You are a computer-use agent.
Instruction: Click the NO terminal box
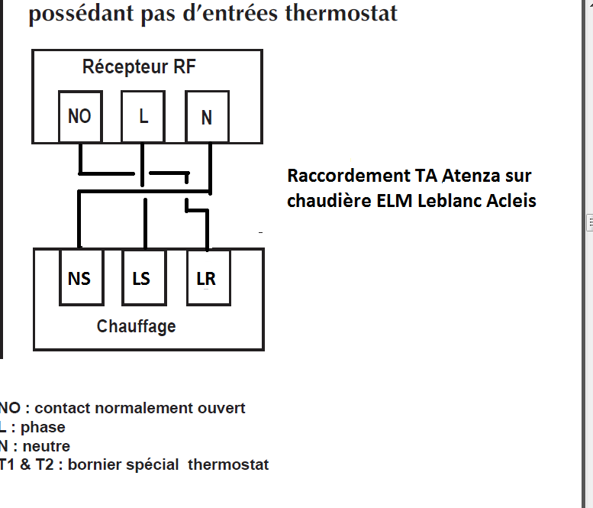[79, 116]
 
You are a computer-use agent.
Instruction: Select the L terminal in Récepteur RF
[143, 116]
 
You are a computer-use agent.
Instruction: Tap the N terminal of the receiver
[207, 117]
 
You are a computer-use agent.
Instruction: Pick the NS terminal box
[79, 278]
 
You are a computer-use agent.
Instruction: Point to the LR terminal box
[207, 278]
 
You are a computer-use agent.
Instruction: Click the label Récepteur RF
[139, 67]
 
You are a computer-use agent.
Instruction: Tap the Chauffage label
[137, 326]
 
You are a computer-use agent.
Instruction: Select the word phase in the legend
[43, 427]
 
